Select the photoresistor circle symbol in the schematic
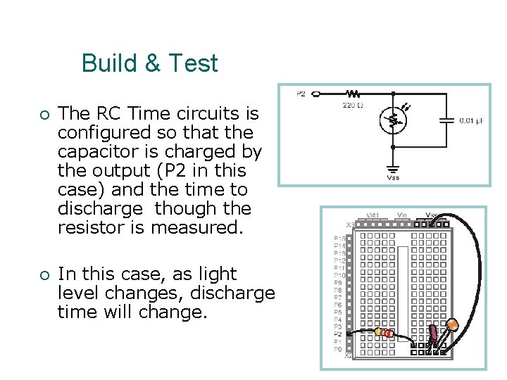[x=393, y=120]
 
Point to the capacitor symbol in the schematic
[x=446, y=120]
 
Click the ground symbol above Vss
[x=393, y=168]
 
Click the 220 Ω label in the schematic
[x=352, y=106]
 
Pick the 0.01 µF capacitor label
[x=471, y=121]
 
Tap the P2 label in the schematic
[x=301, y=94]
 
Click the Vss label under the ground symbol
[x=393, y=178]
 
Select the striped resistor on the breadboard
[x=384, y=332]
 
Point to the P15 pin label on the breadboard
[x=339, y=239]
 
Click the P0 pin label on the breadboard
[x=339, y=349]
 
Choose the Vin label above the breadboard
[x=401, y=215]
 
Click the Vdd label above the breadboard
[x=373, y=215]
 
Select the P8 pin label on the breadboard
[x=339, y=290]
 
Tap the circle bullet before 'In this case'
[x=44, y=274]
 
